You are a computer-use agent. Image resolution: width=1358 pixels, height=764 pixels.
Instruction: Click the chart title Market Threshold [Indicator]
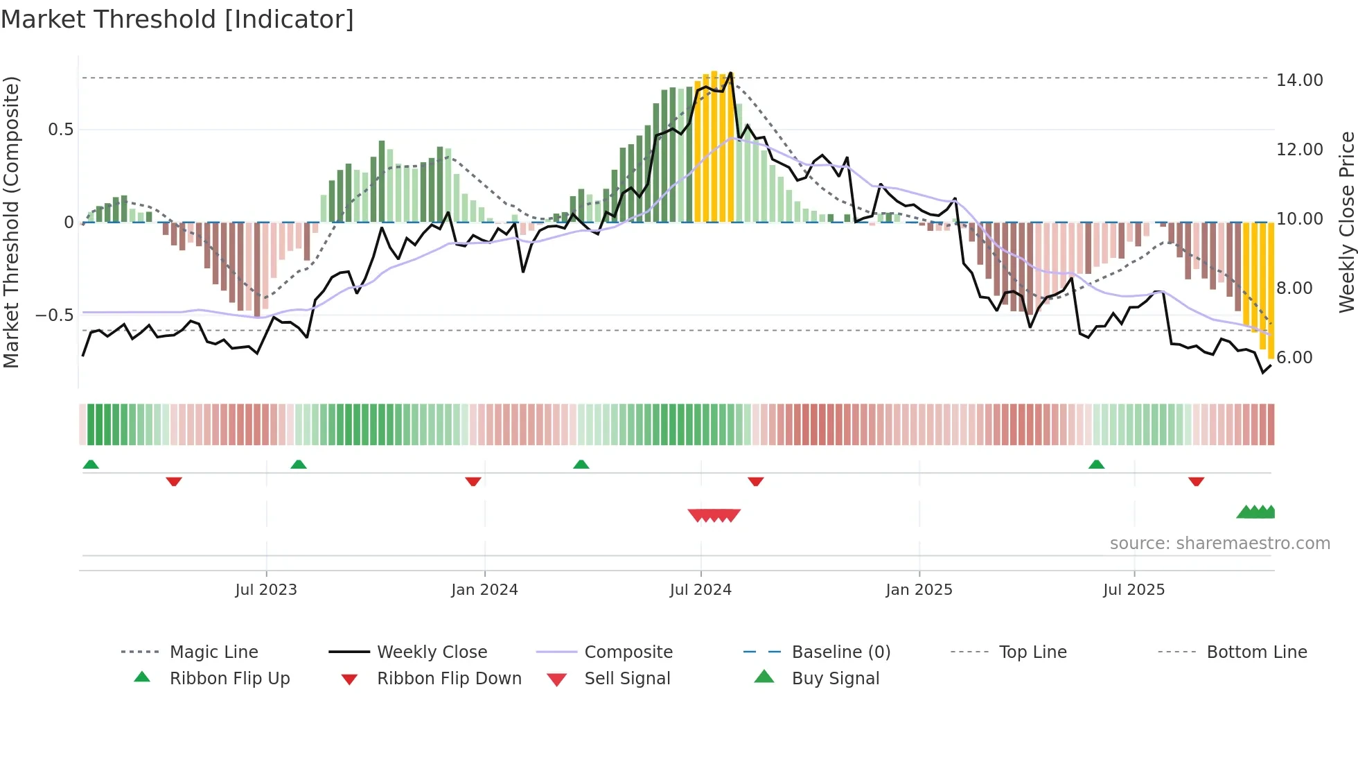click(177, 19)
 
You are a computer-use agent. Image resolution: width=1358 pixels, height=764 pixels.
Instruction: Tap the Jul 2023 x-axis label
click(266, 590)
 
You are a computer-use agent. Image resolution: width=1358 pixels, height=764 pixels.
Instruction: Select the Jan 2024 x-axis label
click(484, 590)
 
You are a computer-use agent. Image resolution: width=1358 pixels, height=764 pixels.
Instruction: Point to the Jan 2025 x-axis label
click(919, 590)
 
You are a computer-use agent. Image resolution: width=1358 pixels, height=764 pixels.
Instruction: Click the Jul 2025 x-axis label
click(1134, 590)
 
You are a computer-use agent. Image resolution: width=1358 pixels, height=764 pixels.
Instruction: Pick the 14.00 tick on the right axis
click(1299, 80)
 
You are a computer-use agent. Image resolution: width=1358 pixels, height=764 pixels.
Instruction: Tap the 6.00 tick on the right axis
click(1294, 358)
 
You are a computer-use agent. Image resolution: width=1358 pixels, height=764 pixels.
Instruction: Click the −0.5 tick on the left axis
click(54, 315)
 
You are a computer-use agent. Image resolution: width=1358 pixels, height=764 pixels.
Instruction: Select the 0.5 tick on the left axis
click(60, 130)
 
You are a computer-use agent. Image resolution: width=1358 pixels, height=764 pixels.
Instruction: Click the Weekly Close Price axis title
click(1346, 222)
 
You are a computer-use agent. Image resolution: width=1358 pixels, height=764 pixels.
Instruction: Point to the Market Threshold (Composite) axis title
click(11, 222)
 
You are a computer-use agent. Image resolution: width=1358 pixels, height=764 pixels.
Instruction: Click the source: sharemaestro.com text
click(1219, 544)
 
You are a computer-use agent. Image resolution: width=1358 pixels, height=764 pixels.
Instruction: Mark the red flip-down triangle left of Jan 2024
click(473, 481)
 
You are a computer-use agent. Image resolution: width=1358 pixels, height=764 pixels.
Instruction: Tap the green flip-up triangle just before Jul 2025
click(1096, 465)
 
